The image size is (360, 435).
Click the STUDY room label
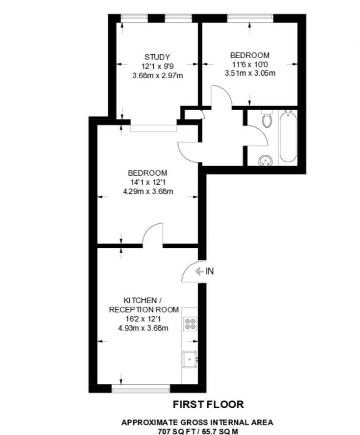tap(157, 57)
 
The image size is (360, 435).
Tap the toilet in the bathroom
tap(267, 119)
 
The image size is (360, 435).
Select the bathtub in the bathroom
tap(288, 137)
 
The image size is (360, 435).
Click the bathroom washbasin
tap(265, 160)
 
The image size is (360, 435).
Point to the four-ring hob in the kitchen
tap(190, 324)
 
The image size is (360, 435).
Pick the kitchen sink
tap(190, 359)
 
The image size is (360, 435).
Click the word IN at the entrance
tap(210, 271)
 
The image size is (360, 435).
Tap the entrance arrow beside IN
tap(199, 271)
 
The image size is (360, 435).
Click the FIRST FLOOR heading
tap(209, 404)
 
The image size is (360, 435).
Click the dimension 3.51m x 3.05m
tap(250, 73)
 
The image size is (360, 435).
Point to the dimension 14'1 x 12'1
tap(148, 182)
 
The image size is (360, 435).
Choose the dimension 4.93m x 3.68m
tap(143, 328)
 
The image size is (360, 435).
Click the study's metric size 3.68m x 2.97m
tap(157, 76)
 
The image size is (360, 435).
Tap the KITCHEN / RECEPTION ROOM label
tap(144, 305)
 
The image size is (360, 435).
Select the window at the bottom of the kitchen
tap(141, 389)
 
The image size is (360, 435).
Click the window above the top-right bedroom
tap(250, 18)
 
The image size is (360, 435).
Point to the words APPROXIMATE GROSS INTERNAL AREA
tap(197, 422)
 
